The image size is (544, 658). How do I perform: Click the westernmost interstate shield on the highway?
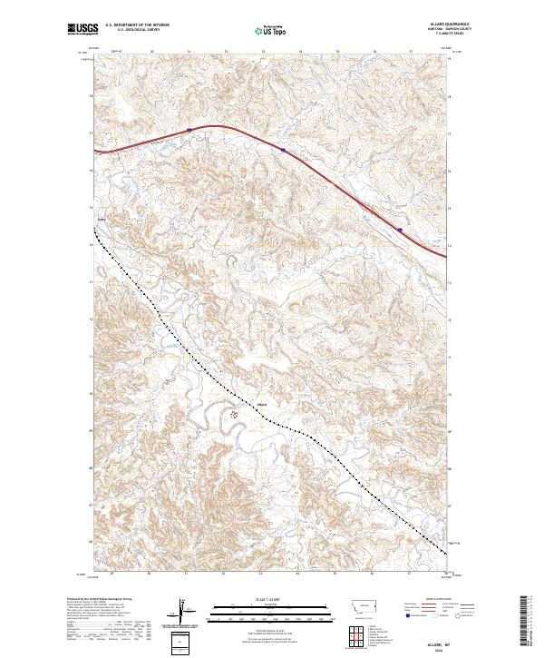click(x=189, y=131)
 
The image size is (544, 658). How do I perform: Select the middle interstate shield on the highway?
click(x=284, y=151)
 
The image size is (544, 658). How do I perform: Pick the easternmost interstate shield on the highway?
click(x=400, y=230)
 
